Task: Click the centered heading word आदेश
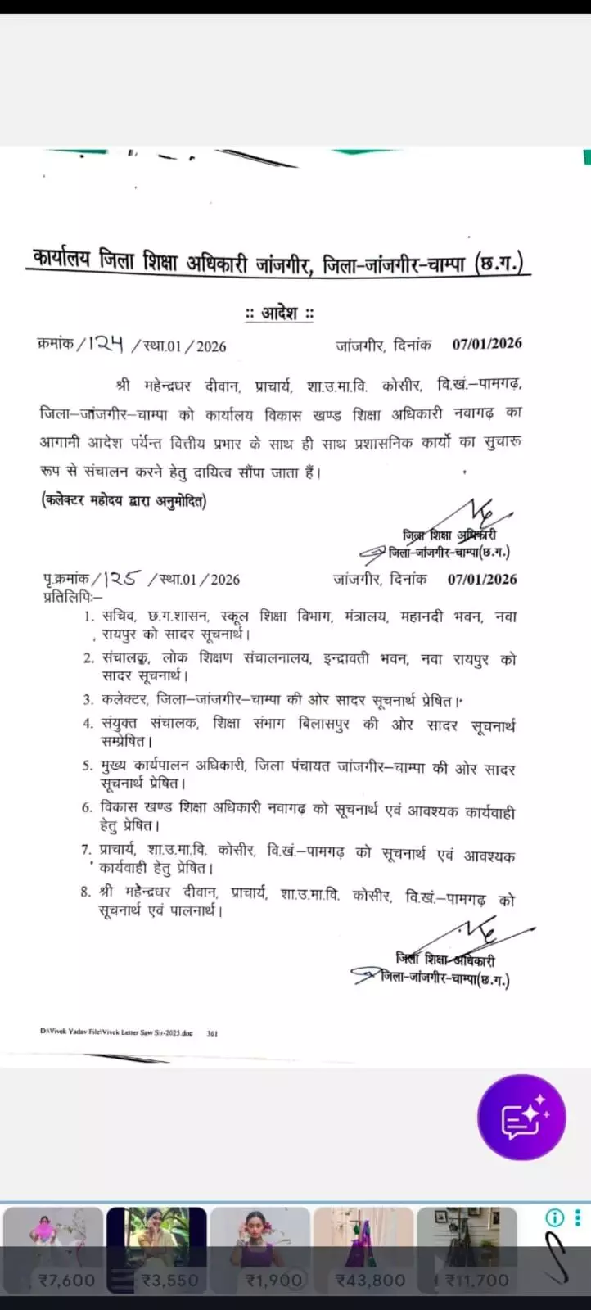(x=280, y=313)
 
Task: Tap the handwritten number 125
(x=121, y=579)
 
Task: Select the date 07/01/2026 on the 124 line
(x=487, y=344)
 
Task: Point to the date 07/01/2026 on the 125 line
(x=482, y=579)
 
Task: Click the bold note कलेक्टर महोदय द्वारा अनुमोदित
(x=124, y=500)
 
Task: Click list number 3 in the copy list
(x=88, y=700)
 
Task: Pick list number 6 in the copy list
(x=87, y=808)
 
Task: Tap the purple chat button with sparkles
(x=521, y=1118)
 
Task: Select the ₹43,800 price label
(x=371, y=1280)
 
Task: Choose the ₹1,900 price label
(x=274, y=1280)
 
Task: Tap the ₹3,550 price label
(x=170, y=1280)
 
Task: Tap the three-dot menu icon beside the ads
(x=579, y=1217)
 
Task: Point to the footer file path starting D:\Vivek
(x=115, y=1033)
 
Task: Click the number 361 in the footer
(x=212, y=1033)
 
